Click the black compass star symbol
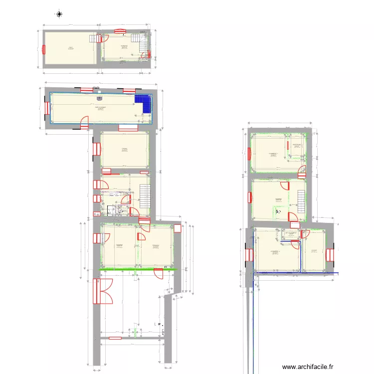tap(59, 14)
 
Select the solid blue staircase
tap(145, 103)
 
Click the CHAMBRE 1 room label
tap(273, 154)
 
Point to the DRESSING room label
tap(297, 145)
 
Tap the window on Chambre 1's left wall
tap(250, 151)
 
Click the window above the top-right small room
tap(120, 30)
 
